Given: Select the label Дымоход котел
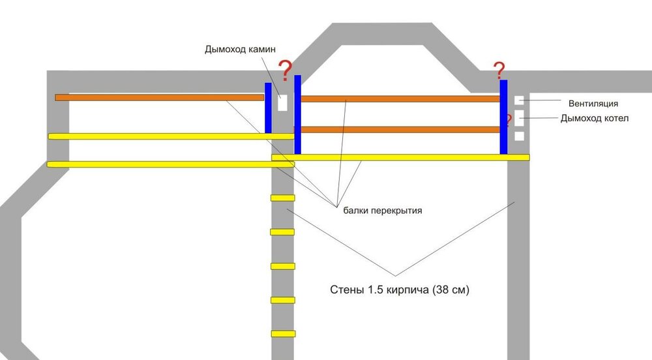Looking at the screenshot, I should tap(594, 118).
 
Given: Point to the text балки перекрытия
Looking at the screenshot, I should tap(380, 211).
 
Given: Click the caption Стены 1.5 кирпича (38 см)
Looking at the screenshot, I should tap(399, 289).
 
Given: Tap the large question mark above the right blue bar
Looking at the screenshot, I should tap(499, 69).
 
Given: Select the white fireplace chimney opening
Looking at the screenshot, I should tap(282, 104).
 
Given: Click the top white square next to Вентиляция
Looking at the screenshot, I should tap(519, 100).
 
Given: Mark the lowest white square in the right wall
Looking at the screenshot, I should tap(519, 136).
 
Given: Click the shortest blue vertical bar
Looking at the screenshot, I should tap(268, 108).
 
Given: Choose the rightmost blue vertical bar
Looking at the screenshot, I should tap(503, 117).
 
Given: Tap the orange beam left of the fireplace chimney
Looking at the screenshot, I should tap(159, 97).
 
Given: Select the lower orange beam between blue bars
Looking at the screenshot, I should tap(400, 129).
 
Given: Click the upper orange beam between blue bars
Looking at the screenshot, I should tap(400, 98).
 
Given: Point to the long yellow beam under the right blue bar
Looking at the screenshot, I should tap(400, 157).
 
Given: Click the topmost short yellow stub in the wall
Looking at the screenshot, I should tap(283, 198).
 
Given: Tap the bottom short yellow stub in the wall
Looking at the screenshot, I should tap(283, 334).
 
